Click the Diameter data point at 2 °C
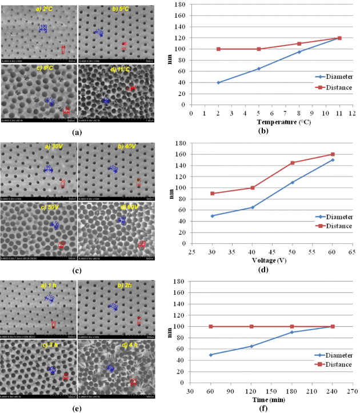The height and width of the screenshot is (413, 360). point(218,82)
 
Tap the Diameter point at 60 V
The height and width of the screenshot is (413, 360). point(333,160)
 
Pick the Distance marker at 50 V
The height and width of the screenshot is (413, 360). point(292,163)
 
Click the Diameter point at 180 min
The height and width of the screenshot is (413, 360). point(292,332)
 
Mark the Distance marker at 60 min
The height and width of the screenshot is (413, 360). point(211,326)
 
